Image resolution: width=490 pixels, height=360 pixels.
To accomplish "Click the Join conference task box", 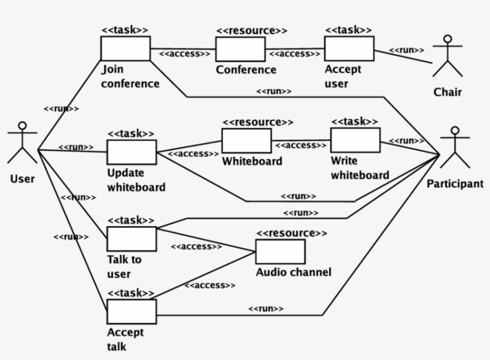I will (125, 48).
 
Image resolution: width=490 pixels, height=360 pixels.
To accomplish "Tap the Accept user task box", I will (349, 48).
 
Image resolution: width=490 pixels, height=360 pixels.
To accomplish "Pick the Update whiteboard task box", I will (131, 152).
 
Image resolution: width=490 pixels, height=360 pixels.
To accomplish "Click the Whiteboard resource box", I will (246, 141).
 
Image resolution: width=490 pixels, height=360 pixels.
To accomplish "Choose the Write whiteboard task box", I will (355, 140).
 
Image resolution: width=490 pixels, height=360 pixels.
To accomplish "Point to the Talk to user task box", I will (131, 239).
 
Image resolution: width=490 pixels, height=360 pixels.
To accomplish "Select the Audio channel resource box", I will (280, 252).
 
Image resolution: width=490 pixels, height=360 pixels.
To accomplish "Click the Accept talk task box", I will (131, 312).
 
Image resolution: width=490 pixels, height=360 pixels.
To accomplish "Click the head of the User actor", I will (23, 126).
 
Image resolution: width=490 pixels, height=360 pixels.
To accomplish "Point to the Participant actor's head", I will (455, 130).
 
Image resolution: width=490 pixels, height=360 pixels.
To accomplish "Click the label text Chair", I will (448, 92).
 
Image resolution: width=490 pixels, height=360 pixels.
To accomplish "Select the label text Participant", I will (455, 184).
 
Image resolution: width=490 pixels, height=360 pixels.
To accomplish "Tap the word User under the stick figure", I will (22, 178).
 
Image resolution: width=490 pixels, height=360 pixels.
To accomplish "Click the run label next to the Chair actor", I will (407, 50).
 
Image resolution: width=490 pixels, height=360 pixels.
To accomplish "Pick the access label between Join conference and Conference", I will (185, 54).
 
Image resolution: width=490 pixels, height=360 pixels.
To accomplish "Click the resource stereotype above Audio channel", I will (292, 233).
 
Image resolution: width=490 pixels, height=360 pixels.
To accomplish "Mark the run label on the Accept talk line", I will (265, 309).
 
